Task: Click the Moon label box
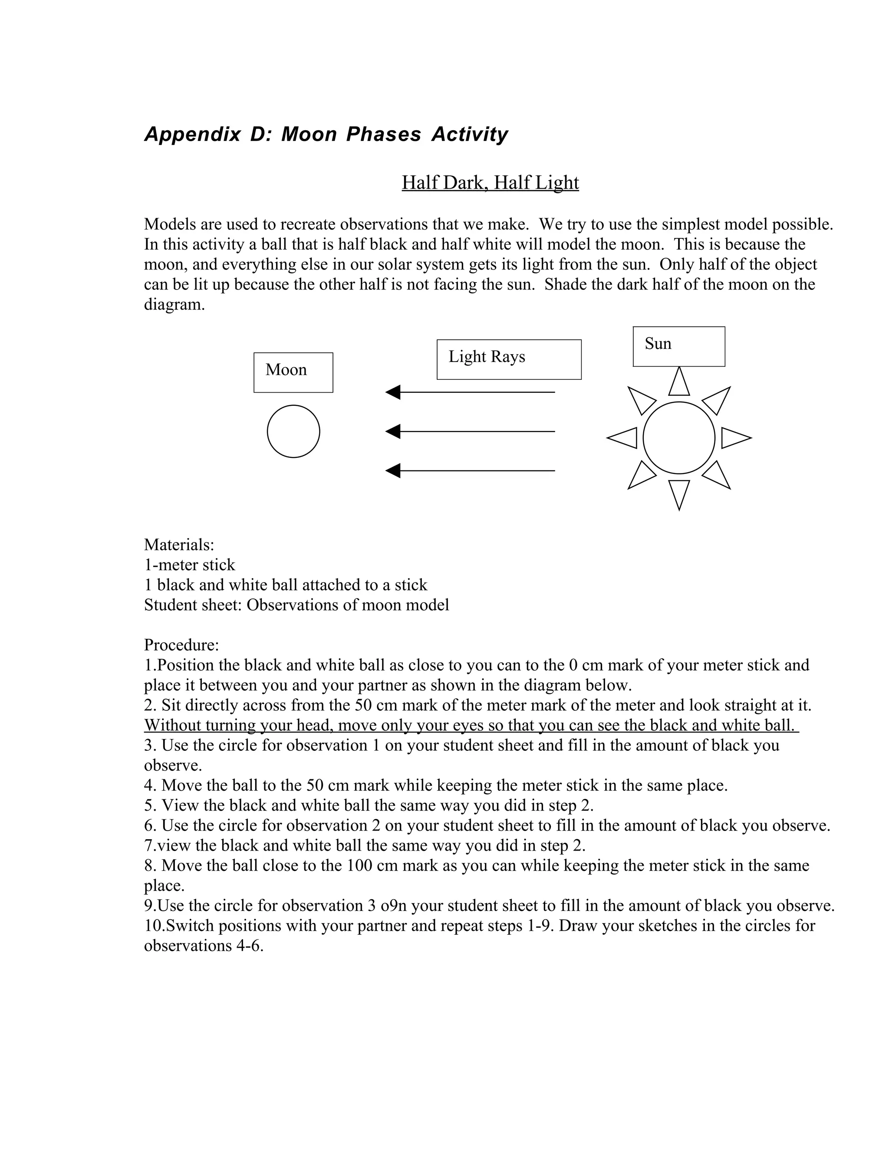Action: (293, 372)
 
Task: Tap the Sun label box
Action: (678, 346)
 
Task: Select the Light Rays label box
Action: (509, 359)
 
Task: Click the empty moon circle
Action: (293, 431)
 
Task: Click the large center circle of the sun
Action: (679, 437)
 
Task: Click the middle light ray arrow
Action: (470, 431)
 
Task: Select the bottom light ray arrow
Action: (470, 470)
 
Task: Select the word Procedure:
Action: (181, 645)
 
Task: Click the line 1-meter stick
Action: (190, 565)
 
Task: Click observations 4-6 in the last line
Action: (203, 946)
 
